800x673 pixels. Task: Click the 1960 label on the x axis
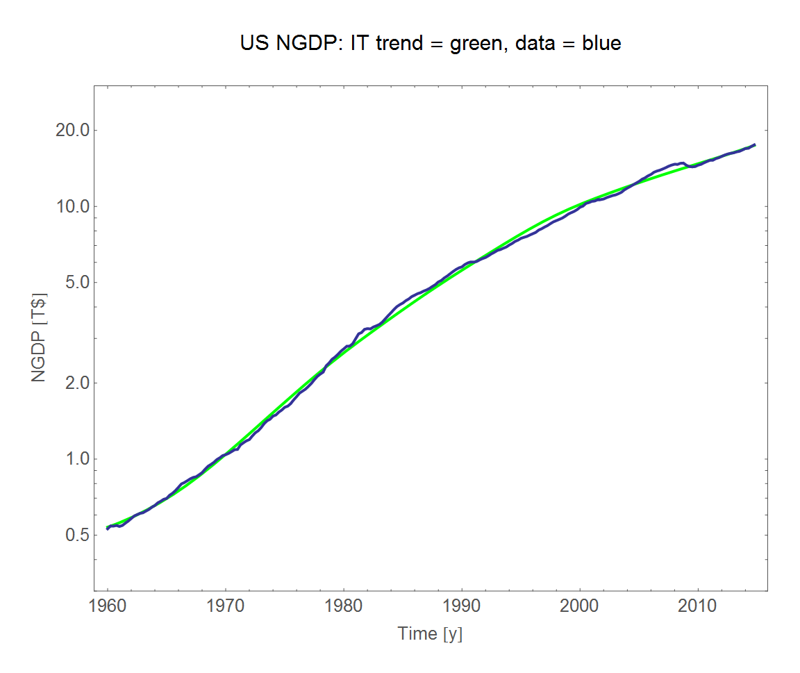108,606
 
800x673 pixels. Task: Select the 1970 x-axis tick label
225,606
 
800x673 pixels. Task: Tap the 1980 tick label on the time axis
343,606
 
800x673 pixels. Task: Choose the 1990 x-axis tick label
461,606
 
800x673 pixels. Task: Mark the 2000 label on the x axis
579,606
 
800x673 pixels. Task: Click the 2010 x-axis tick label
697,606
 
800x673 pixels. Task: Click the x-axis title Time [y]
430,633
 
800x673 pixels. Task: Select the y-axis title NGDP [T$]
39,338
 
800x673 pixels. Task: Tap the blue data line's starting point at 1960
108,529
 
